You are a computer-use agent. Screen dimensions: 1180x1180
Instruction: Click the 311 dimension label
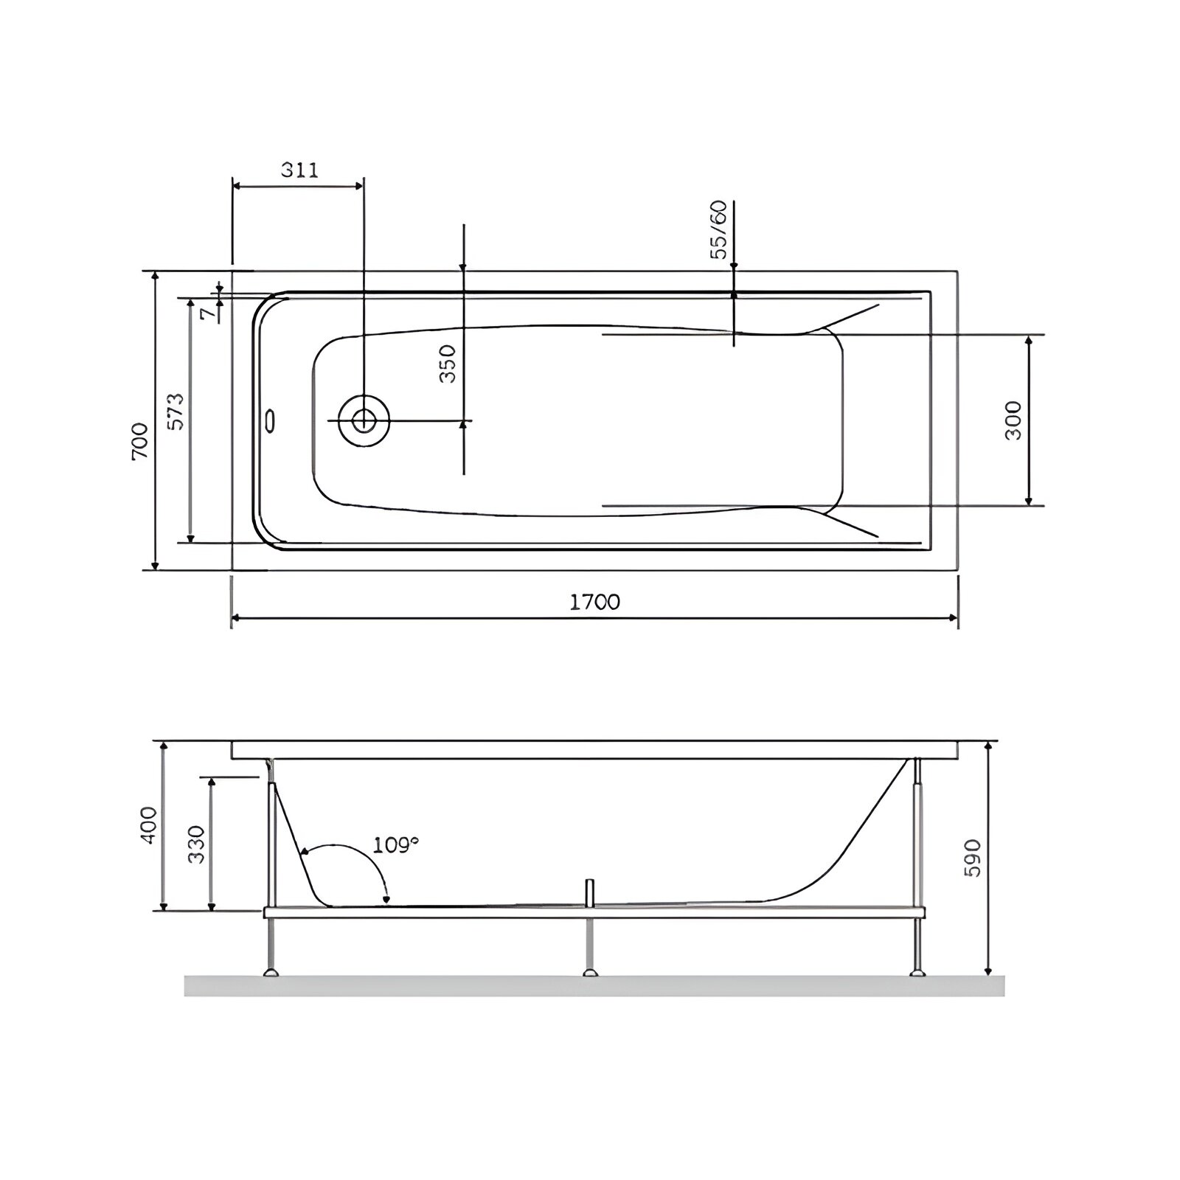[299, 170]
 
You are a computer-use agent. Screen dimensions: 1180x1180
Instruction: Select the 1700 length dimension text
[594, 602]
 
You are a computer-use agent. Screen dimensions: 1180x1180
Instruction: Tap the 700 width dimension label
[140, 442]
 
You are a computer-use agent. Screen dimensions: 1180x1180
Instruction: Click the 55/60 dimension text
[718, 229]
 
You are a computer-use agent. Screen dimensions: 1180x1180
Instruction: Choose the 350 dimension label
[448, 364]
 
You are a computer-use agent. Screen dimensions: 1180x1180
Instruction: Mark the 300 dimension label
[1014, 420]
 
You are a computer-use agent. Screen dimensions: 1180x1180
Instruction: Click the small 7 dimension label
[209, 313]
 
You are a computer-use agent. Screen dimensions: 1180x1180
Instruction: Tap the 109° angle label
[396, 844]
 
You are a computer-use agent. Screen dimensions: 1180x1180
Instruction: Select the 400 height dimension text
[149, 825]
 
